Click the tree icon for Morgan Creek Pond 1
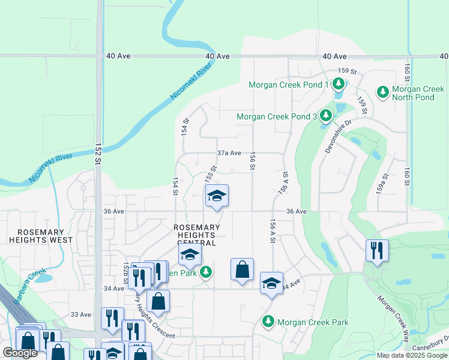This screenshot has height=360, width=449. coord(339,84)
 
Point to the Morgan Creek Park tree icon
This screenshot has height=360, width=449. coord(268,322)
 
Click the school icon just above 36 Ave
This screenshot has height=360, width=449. coord(217,196)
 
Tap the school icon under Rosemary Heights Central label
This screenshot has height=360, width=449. coord(190,256)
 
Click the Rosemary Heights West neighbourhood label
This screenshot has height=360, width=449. coord(41,236)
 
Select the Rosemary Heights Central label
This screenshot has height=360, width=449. coord(197,235)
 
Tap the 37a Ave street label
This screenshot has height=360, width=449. coord(229,153)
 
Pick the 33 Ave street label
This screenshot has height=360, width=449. coord(80,314)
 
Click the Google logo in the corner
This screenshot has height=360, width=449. coord(20,353)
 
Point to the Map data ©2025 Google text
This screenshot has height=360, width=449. coord(412,355)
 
